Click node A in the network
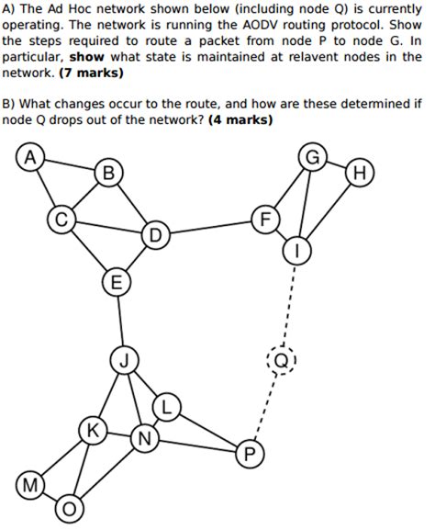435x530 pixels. click(x=31, y=158)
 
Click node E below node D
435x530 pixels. click(x=116, y=281)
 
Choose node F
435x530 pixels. click(x=266, y=220)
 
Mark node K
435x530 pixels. click(x=92, y=430)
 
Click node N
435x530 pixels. click(x=143, y=437)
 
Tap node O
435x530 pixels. click(x=70, y=508)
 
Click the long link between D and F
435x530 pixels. click(x=211, y=228)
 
